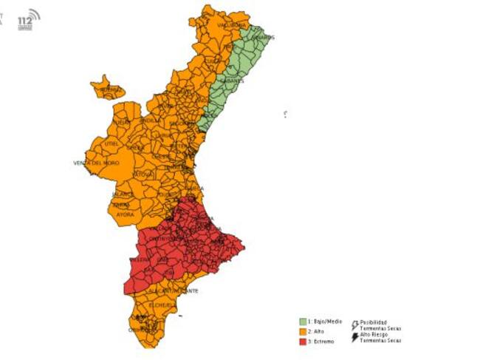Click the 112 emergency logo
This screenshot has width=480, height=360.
[x=30, y=15]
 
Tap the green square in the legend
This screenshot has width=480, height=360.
[x=302, y=322]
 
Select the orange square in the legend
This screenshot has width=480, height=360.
[x=302, y=331]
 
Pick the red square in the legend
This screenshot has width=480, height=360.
[x=302, y=341]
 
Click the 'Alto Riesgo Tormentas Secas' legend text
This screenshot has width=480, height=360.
[x=380, y=338]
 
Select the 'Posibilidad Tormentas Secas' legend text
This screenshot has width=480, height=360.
[x=380, y=325]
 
